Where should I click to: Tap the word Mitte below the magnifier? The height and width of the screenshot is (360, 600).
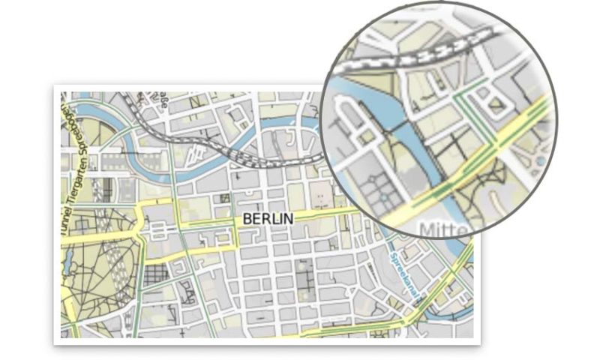coord(445,228)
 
